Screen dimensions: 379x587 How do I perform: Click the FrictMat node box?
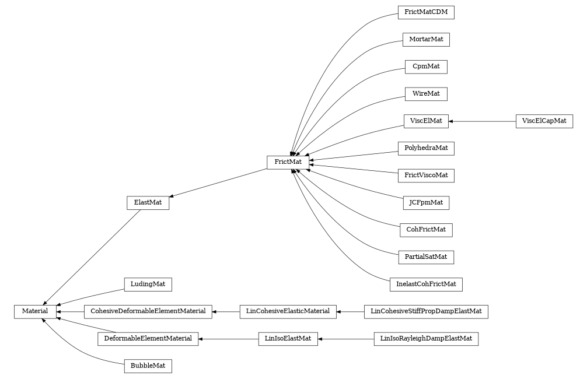pos(288,162)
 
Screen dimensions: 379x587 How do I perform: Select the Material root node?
pos(35,312)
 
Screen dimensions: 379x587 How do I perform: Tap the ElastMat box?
pos(148,203)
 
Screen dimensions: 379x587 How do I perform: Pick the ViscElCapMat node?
pos(544,121)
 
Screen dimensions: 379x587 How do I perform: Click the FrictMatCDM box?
pos(425,12)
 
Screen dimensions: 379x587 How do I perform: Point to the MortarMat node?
pos(425,40)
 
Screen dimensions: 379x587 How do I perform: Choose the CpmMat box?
pos(425,66)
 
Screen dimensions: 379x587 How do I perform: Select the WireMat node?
pos(425,93)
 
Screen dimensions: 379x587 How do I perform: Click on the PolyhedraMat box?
pos(425,148)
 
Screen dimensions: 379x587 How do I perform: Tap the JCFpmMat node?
pos(425,203)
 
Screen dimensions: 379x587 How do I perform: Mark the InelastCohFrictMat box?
pos(425,285)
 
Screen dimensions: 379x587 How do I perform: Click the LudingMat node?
pos(148,285)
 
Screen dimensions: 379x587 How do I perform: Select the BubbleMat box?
pos(148,366)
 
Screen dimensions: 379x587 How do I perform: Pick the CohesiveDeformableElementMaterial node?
pos(148,312)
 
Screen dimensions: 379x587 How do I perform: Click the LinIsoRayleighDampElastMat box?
pos(425,339)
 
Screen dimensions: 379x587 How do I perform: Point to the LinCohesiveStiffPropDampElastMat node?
pos(425,312)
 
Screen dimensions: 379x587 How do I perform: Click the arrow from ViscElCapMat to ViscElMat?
pos(482,121)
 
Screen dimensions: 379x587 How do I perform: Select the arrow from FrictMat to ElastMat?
pos(218,183)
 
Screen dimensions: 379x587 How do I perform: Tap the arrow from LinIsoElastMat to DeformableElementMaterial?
pos(228,339)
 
